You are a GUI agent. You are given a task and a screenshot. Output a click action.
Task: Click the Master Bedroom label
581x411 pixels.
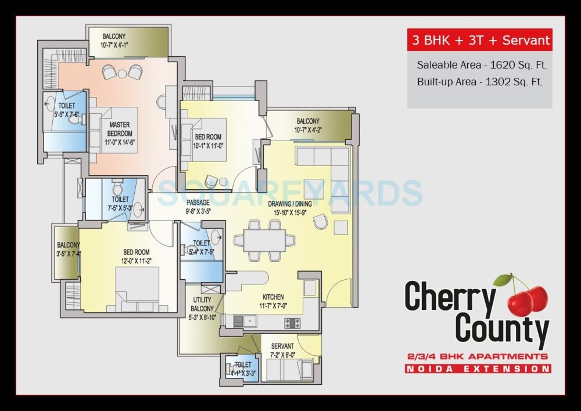point(119,129)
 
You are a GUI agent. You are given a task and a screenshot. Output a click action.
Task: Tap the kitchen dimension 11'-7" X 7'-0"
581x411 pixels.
point(273,306)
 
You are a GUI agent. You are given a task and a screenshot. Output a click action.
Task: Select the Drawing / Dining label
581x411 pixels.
point(290,204)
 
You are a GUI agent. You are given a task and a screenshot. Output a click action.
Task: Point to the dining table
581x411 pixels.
point(264,240)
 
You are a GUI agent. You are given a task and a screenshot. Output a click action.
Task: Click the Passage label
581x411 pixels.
point(198,202)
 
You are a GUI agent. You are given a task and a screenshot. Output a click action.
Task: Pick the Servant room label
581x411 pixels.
point(282,346)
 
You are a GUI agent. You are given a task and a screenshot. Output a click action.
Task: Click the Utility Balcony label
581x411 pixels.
point(202,304)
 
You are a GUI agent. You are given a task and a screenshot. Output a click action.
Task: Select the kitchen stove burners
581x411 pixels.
point(292,323)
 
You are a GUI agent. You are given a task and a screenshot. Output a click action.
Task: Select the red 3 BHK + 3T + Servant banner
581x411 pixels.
point(480,40)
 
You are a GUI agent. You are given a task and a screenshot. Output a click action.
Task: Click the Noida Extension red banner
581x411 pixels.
point(478,369)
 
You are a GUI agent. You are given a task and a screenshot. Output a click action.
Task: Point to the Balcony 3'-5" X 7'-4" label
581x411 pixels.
point(68,249)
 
